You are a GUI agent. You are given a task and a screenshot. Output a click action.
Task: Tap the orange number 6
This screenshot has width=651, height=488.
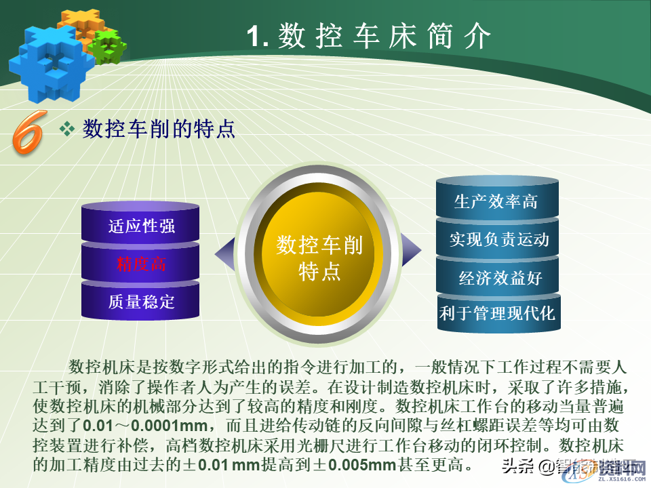28,130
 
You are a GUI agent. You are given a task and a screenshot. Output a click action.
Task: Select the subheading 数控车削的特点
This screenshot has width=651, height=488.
159,129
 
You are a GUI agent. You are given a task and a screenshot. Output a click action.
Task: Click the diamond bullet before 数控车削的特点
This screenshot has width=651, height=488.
67,129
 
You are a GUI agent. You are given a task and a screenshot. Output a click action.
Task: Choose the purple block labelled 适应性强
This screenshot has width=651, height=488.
142,226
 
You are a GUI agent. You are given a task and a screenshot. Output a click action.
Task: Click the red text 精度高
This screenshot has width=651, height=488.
141,264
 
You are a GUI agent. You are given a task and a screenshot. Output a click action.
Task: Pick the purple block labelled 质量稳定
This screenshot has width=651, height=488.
142,301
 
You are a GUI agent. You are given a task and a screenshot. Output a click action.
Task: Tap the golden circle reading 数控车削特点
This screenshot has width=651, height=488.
319,258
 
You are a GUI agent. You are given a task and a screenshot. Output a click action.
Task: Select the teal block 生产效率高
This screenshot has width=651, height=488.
496,202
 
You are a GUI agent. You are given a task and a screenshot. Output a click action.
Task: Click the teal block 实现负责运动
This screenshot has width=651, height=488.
499,239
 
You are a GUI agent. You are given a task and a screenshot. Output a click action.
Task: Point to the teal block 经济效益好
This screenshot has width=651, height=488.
500,278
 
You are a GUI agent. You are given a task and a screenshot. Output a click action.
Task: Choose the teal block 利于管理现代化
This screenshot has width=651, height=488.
498,313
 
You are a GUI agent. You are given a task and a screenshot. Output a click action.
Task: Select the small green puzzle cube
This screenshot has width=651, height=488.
109,46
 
